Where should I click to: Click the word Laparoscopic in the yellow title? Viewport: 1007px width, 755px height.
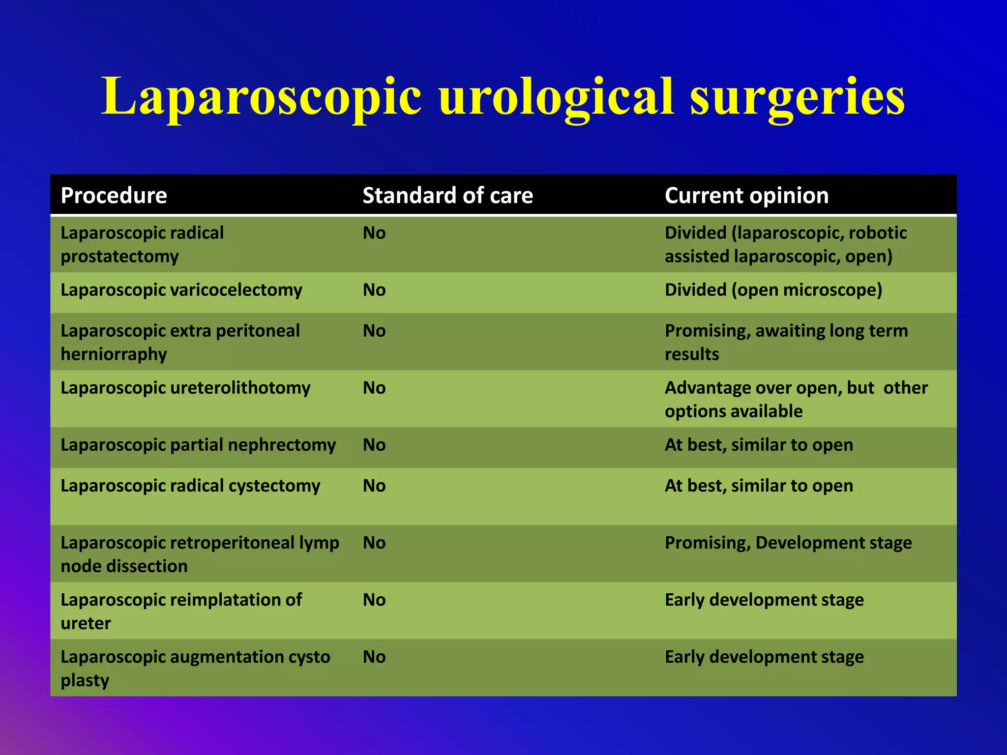261,97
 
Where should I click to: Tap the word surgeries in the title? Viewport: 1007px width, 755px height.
797,97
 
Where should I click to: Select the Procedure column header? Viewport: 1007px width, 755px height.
114,196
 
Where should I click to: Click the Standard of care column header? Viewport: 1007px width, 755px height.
447,196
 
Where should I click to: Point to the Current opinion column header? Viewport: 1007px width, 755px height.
746,196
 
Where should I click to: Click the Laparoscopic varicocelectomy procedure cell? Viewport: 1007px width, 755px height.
181,290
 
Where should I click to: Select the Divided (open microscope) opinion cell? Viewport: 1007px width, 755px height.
773,290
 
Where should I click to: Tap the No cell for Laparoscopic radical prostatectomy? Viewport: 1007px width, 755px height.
374,233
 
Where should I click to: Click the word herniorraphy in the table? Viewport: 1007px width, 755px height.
114,354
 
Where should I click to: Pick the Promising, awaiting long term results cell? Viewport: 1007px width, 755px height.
786,342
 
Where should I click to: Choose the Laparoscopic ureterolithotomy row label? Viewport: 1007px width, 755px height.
185,388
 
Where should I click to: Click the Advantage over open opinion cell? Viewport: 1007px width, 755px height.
796,399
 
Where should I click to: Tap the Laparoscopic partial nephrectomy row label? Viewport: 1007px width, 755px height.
198,445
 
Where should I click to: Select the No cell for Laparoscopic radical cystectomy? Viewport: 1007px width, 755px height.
374,486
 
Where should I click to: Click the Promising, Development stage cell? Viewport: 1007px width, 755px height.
788,543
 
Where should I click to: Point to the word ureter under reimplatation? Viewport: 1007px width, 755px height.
86,623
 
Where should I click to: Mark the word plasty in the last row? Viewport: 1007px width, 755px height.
85,680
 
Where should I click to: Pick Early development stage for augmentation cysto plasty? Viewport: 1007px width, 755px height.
764,657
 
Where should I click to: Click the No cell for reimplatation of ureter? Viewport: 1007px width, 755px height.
374,600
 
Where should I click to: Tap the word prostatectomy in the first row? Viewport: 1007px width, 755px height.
119,257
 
